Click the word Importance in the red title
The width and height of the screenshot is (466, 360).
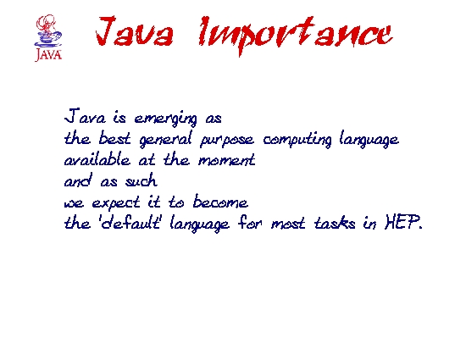296,35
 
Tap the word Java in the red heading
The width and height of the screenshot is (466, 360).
135,31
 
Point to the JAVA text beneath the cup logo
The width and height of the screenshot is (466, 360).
48,55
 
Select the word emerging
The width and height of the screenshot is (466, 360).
165,119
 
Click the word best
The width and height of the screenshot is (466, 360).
114,137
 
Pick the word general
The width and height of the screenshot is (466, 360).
165,139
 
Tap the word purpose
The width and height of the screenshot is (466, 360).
227,141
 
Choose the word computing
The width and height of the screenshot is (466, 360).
297,139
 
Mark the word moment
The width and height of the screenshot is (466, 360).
227,160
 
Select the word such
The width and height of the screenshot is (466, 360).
141,180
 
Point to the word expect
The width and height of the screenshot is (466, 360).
115,203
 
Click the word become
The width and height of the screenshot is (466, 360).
220,201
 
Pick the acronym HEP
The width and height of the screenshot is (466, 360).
403,222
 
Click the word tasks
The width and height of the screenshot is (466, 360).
335,223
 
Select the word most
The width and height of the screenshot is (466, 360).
288,224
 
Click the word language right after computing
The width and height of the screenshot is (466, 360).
369,139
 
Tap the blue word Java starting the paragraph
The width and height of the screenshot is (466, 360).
85,116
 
